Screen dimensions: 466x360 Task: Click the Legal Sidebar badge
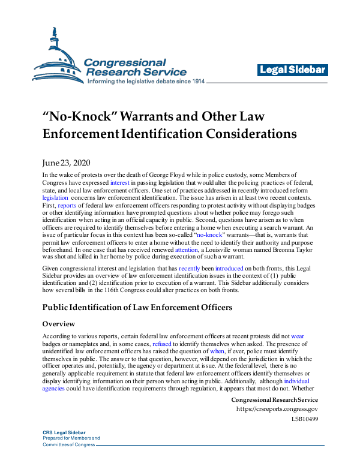point(293,70)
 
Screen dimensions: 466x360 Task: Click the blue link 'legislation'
point(56,197)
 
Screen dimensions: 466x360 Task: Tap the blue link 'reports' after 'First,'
point(68,205)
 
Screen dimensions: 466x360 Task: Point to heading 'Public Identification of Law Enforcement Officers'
point(137,308)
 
